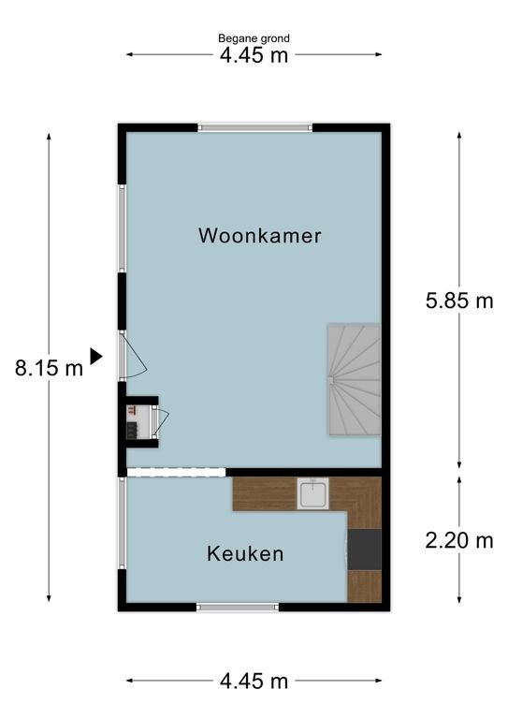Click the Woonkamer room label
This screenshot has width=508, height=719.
click(x=260, y=236)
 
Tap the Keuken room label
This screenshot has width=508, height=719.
click(x=245, y=553)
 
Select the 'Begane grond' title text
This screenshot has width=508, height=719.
click(x=254, y=38)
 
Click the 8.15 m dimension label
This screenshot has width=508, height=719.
click(x=49, y=368)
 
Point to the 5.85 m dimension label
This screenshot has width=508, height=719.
click(x=459, y=301)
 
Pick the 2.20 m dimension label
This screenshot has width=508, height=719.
click(x=459, y=540)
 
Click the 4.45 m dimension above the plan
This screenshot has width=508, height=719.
click(x=254, y=55)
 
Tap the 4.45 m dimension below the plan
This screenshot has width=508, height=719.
click(x=254, y=681)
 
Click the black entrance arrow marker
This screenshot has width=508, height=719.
click(x=95, y=357)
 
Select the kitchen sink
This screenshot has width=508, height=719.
click(x=312, y=494)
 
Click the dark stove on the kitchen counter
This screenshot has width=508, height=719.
click(x=364, y=550)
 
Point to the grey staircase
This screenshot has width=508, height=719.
click(x=354, y=380)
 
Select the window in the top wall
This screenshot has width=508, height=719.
click(x=255, y=127)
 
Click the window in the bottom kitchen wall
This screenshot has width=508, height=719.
click(x=238, y=607)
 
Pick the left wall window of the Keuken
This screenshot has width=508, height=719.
click(x=123, y=523)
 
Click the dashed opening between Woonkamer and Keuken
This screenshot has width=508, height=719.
click(x=177, y=472)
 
